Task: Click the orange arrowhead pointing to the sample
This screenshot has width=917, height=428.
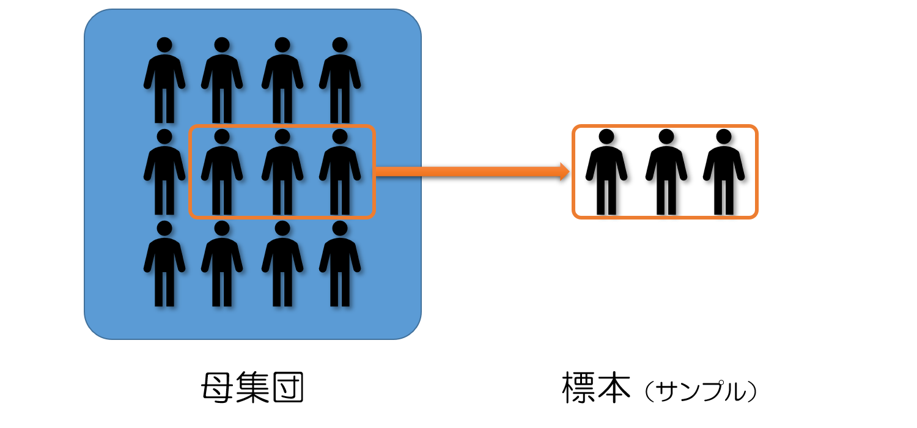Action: [x=564, y=171]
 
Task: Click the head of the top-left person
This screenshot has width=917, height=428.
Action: [x=164, y=45]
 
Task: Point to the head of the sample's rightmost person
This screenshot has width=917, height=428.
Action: [x=724, y=136]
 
